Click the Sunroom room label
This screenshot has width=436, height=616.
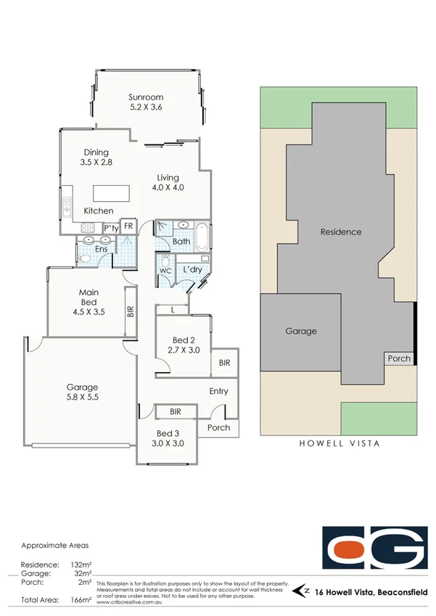pos(146,97)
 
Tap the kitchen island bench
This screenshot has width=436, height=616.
pos(111,194)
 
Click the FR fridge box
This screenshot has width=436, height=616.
pos(128,227)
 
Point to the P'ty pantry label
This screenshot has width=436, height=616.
pos(110,228)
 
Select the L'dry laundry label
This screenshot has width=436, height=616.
pos(192,270)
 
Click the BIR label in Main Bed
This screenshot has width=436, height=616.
pos(131,312)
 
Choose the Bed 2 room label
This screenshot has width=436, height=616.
pos(183,340)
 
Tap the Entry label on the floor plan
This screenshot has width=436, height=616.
pos(218,391)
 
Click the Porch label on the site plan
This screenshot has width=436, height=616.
pos(398,358)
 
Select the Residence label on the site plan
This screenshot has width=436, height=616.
pos(341,232)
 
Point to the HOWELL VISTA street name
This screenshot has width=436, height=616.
pos(340,443)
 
